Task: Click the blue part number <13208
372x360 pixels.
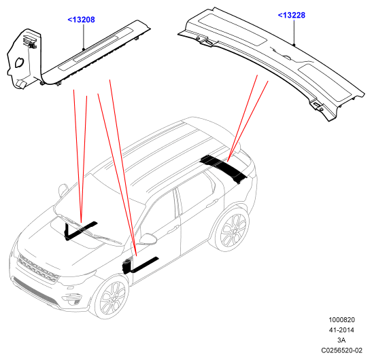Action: [81, 20]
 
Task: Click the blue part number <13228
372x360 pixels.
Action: [291, 15]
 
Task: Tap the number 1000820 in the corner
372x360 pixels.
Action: [341, 320]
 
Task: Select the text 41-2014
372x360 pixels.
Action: [341, 330]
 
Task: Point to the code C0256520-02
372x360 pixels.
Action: [341, 350]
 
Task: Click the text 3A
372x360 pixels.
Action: [341, 340]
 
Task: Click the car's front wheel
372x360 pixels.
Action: [112, 297]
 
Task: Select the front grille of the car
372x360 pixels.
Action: [38, 269]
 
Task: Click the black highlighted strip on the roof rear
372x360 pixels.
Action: [223, 168]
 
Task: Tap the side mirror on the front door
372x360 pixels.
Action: [148, 239]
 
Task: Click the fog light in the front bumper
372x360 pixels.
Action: [76, 302]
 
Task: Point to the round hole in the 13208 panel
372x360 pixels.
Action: [19, 62]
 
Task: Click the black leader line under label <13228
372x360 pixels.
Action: [294, 32]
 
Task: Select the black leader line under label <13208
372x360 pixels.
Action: [84, 37]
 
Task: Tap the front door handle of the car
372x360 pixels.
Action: [173, 229]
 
